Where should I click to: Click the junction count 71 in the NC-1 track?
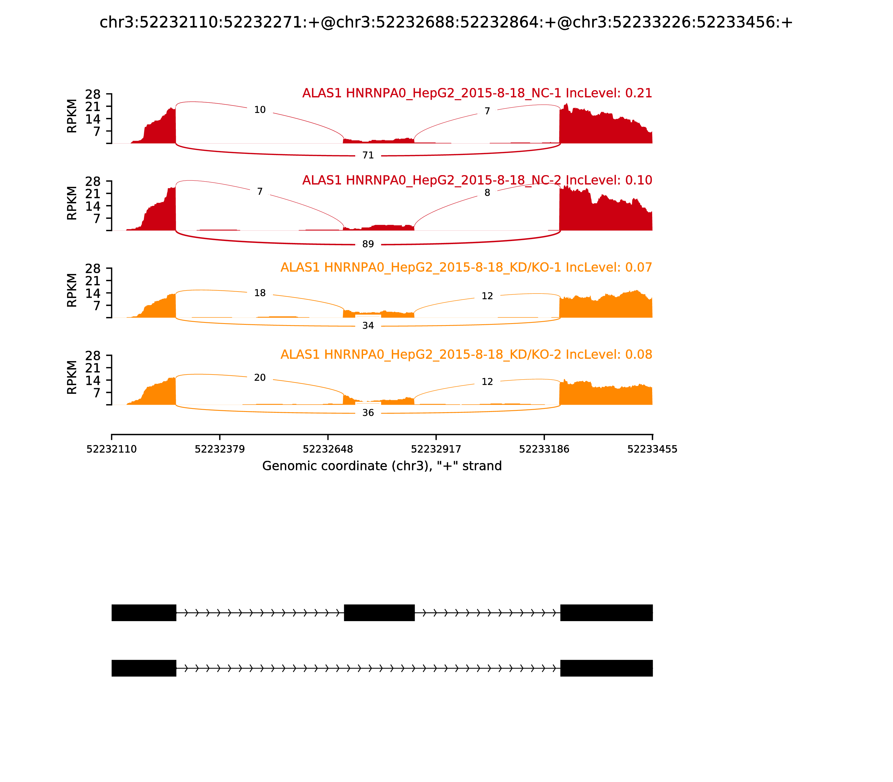coord(368,155)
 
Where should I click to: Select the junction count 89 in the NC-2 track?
coord(368,244)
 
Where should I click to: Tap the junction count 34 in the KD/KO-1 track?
coord(368,326)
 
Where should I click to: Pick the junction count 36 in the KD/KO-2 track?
coord(368,413)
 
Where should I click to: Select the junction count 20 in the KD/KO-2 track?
coord(260,378)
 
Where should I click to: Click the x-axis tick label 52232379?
coord(220,449)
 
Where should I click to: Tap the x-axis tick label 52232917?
coord(436,449)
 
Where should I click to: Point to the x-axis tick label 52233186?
coord(544,449)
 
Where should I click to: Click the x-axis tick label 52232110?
coord(112,449)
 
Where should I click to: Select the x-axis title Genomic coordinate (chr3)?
coord(382,466)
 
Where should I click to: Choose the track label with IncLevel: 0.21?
coord(477,93)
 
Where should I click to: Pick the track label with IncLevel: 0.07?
coord(466,268)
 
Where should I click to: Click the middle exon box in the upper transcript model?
coord(379,613)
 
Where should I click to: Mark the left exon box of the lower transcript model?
coord(144,668)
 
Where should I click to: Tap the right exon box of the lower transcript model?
coord(606,668)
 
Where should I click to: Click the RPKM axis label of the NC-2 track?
coord(72,203)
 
